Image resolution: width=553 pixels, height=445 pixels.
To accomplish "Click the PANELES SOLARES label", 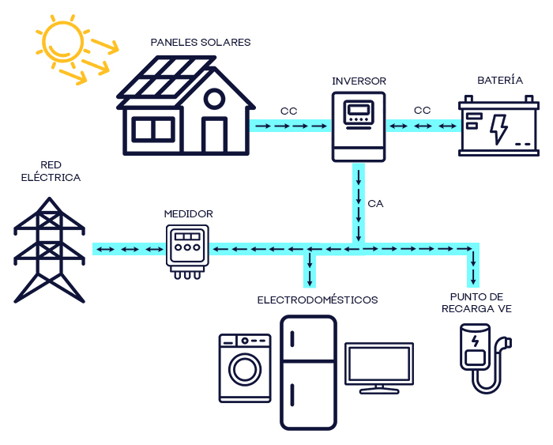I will click(x=201, y=43).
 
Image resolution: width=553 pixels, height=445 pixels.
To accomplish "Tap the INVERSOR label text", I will click(x=359, y=81).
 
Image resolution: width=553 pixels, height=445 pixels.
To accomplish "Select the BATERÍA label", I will click(x=500, y=81).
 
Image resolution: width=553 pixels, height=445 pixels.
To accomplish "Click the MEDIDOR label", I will click(x=188, y=213).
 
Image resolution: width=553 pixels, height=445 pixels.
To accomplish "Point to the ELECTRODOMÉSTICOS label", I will click(x=318, y=300).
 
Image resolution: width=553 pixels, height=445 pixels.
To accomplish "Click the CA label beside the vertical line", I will click(x=375, y=204).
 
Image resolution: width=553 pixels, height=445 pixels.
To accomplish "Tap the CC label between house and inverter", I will click(x=288, y=111).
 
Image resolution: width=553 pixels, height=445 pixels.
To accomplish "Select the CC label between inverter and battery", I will click(x=422, y=111).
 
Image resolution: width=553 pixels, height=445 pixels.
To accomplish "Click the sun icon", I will click(x=59, y=40).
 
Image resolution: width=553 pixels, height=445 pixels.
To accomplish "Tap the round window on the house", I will click(x=213, y=99).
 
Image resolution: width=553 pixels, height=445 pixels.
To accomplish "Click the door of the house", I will click(x=214, y=135).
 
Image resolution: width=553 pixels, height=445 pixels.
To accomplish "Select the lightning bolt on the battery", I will click(x=498, y=128).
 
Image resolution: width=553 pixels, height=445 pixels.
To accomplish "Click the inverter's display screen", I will click(x=359, y=110).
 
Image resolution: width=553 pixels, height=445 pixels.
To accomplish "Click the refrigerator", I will click(x=308, y=371).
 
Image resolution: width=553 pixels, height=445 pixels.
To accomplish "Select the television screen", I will click(x=379, y=364).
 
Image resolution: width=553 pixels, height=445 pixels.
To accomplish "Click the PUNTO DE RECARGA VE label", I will click(x=476, y=303).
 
